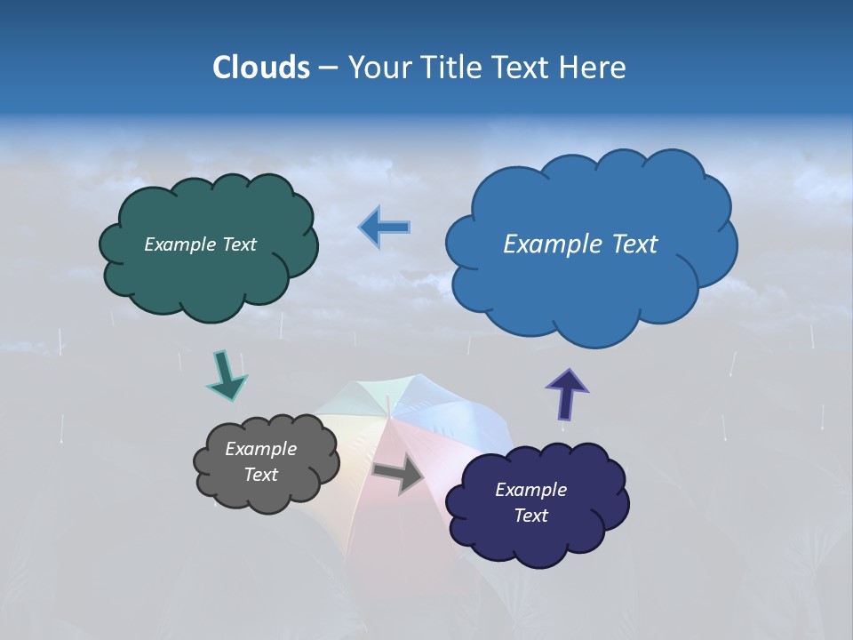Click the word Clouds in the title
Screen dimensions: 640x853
(x=261, y=68)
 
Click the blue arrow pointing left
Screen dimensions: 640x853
(x=385, y=228)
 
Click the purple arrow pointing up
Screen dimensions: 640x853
(x=566, y=394)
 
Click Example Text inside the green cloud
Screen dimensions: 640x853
(x=200, y=244)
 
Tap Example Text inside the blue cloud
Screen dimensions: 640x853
(x=580, y=244)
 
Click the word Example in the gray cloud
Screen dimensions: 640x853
(x=260, y=449)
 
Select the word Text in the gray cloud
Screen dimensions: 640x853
(x=260, y=475)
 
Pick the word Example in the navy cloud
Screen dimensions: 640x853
(x=530, y=490)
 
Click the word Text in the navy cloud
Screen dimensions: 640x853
(x=530, y=516)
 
